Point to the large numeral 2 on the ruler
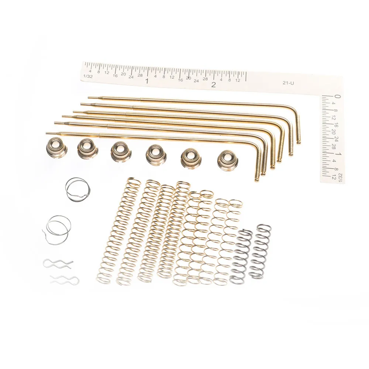213,85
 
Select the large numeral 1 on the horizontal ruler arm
147,81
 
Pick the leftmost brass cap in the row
56,146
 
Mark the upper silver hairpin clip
58,264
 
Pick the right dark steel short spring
261,251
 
